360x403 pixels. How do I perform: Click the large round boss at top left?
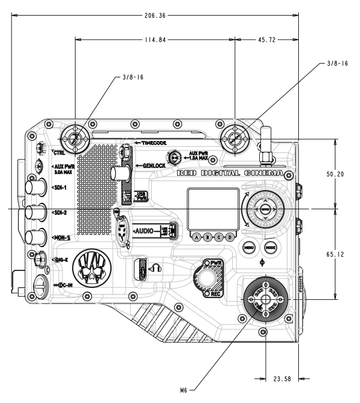pyautogui.click(x=74, y=139)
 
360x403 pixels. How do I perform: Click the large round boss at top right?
pyautogui.click(x=233, y=139)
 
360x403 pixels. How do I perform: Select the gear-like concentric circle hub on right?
pyautogui.click(x=265, y=209)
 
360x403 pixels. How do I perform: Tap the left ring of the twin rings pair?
pyautogui.click(x=248, y=247)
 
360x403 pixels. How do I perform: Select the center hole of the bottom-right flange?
pyautogui.click(x=265, y=300)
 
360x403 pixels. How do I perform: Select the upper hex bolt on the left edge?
pyautogui.click(x=41, y=148)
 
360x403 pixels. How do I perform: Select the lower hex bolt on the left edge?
pyautogui.click(x=40, y=260)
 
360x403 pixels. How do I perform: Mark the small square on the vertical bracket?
pyautogui.click(x=127, y=196)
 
